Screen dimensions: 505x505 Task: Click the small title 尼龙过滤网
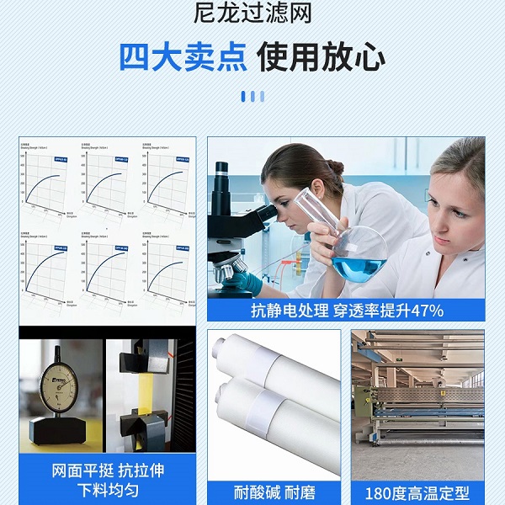(252, 14)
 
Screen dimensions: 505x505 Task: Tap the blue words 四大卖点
(183, 57)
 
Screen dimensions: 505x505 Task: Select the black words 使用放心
(322, 57)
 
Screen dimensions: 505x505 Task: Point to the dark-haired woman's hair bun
(334, 167)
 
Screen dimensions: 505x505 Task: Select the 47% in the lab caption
(426, 311)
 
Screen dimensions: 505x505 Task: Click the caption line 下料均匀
(107, 490)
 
